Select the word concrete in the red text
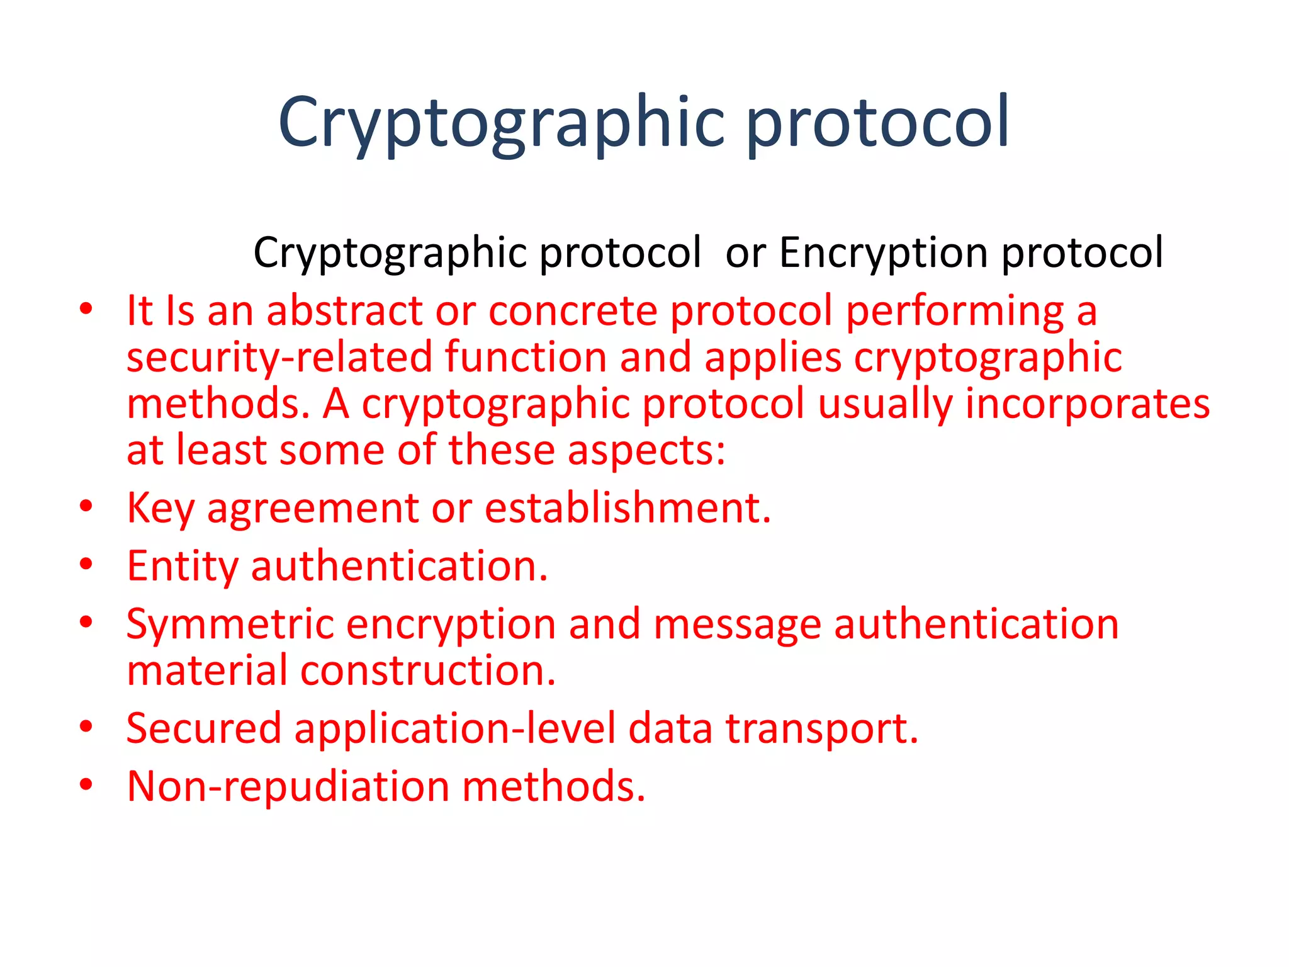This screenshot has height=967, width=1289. pos(572,311)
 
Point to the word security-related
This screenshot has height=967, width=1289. pos(279,358)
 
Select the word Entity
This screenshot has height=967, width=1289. pos(182,566)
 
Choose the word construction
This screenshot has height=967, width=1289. pos(427,670)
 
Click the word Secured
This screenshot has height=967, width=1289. pos(203,728)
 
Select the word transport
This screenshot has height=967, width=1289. pos(821,728)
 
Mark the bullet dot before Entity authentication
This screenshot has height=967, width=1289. pos(86,564)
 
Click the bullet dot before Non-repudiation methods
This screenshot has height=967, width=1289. pos(86,784)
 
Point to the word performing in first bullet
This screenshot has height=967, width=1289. pos(954,311)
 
